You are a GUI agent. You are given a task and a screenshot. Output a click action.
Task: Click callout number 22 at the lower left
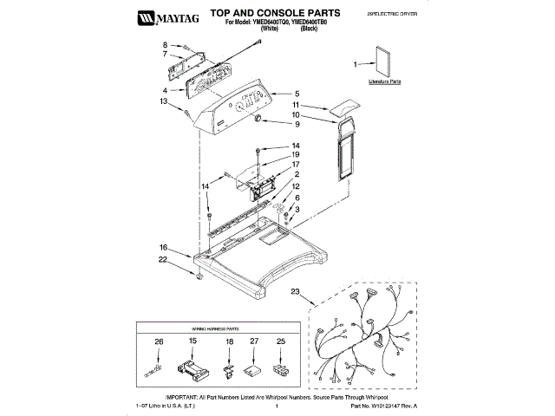[162, 259]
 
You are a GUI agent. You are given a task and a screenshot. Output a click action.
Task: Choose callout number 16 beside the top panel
[163, 247]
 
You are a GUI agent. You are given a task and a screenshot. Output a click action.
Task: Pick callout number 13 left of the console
[162, 101]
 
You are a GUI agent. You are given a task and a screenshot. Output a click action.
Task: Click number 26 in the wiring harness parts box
[158, 342]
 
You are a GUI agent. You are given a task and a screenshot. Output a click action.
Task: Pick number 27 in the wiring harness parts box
[254, 342]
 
